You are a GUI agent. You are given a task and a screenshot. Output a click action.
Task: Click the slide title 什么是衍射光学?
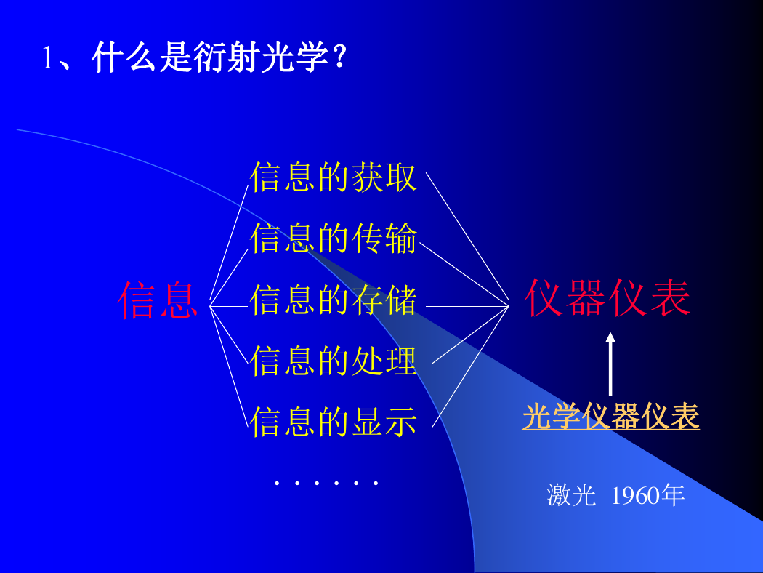219,57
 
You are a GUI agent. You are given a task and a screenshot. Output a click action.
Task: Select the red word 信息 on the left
158,300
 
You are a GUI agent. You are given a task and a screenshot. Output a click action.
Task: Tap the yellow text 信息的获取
334,177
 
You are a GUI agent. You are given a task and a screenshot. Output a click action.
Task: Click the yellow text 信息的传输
334,238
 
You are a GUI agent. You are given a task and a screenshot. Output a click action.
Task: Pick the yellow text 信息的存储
334,300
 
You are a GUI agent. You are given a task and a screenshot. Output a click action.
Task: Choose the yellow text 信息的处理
334,361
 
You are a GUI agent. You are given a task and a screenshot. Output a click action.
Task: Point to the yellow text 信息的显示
334,422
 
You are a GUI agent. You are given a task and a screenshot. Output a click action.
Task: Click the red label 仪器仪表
607,298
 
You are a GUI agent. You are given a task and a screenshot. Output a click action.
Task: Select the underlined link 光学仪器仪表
610,417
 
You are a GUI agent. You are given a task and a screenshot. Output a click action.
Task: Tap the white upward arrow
610,364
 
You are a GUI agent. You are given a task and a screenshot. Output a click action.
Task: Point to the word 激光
571,496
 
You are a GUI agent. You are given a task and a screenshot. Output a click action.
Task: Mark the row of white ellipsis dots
326,484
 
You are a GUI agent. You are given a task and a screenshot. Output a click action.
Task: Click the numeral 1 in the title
47,58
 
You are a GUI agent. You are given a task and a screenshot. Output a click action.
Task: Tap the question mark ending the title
340,57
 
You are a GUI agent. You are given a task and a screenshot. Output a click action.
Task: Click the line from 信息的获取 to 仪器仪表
467,236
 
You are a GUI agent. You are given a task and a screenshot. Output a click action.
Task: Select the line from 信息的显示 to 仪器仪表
471,366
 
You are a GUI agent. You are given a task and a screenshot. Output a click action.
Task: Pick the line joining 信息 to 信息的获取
229,242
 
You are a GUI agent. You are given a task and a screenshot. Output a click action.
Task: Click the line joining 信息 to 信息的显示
229,366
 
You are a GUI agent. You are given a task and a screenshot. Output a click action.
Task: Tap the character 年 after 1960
672,496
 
